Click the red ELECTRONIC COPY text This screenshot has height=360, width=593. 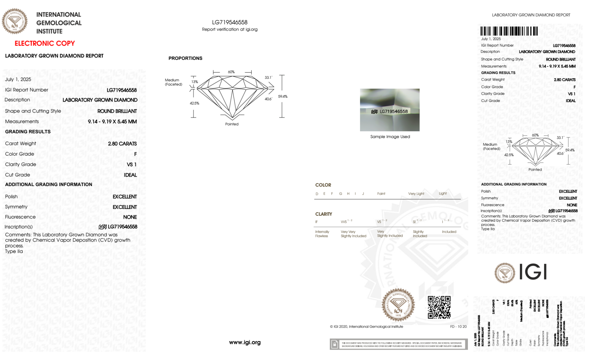pyautogui.click(x=45, y=44)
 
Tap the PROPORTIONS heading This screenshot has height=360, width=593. pyautogui.click(x=185, y=58)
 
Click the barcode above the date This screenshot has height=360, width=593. pyautogui.click(x=509, y=31)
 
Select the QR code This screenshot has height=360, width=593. pyautogui.click(x=439, y=307)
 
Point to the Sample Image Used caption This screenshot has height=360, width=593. pyautogui.click(x=390, y=137)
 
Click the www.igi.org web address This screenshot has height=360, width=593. pyautogui.click(x=245, y=343)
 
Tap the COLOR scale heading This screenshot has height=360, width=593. pyautogui.click(x=323, y=185)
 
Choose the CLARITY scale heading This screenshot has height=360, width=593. pyautogui.click(x=324, y=214)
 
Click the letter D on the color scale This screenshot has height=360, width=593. pyautogui.click(x=317, y=194)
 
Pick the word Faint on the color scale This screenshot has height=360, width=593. pyautogui.click(x=381, y=194)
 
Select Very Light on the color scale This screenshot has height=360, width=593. pyautogui.click(x=416, y=194)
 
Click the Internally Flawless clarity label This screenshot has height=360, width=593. pyautogui.click(x=322, y=234)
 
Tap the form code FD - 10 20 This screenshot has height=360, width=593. pyautogui.click(x=458, y=327)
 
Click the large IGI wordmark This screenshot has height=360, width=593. pyautogui.click(x=533, y=272)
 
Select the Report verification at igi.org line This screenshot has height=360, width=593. pyautogui.click(x=230, y=30)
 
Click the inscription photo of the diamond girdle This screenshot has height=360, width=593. pyautogui.click(x=390, y=110)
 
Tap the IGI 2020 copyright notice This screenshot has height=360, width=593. pyautogui.click(x=367, y=327)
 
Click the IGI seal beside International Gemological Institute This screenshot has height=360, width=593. pyautogui.click(x=15, y=21)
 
